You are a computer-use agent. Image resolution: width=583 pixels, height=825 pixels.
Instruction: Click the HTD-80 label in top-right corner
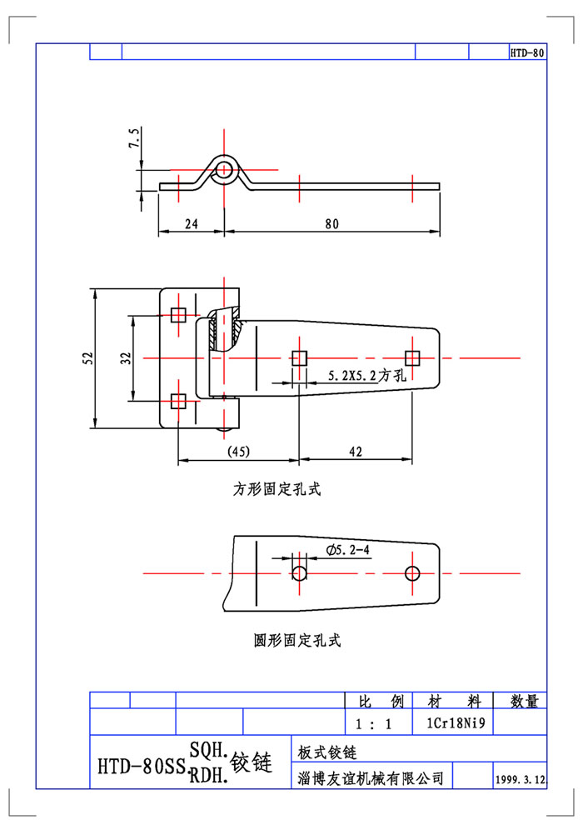[x=527, y=52]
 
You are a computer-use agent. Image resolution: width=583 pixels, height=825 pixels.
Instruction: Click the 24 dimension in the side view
[x=191, y=223]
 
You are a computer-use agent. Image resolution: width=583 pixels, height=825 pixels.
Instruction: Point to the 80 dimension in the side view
[x=331, y=223]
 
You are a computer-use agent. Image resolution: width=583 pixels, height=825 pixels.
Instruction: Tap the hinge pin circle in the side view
[x=224, y=171]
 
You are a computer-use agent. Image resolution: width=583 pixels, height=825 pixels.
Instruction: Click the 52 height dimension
[x=87, y=357]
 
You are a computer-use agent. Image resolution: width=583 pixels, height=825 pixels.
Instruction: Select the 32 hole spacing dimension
[x=125, y=357]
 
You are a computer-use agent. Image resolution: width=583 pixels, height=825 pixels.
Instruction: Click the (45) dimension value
[x=239, y=452]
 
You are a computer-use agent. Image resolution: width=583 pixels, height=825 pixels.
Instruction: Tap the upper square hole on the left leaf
[x=177, y=315]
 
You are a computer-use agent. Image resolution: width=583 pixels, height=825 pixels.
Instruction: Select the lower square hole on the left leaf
[x=177, y=400]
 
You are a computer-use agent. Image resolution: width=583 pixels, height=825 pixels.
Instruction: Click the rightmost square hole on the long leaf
[x=411, y=357]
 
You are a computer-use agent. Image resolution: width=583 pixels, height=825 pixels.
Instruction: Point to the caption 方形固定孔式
[x=277, y=490]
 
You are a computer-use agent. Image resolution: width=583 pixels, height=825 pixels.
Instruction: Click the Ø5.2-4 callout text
[x=349, y=549]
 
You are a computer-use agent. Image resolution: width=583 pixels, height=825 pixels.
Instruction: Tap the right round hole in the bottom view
[x=411, y=573]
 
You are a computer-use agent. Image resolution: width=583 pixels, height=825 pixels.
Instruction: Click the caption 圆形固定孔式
[x=296, y=641]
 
